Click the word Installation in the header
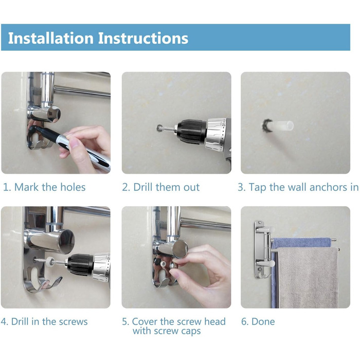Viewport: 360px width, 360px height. click(x=51, y=38)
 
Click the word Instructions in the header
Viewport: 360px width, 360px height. click(x=143, y=38)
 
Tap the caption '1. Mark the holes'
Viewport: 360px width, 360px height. click(x=44, y=187)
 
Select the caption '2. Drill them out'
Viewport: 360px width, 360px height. click(x=160, y=187)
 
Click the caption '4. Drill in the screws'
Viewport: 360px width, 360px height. click(x=44, y=321)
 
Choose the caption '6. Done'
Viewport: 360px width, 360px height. click(x=258, y=321)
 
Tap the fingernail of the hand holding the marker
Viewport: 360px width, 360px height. click(x=75, y=143)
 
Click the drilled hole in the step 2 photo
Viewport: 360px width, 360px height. click(x=158, y=128)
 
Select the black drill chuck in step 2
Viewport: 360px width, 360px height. click(x=191, y=132)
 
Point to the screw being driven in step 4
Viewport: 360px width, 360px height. click(x=43, y=260)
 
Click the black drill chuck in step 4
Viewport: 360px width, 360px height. click(x=80, y=265)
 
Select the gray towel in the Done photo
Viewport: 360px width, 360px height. click(x=308, y=277)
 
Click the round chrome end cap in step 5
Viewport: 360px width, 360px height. click(x=181, y=249)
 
